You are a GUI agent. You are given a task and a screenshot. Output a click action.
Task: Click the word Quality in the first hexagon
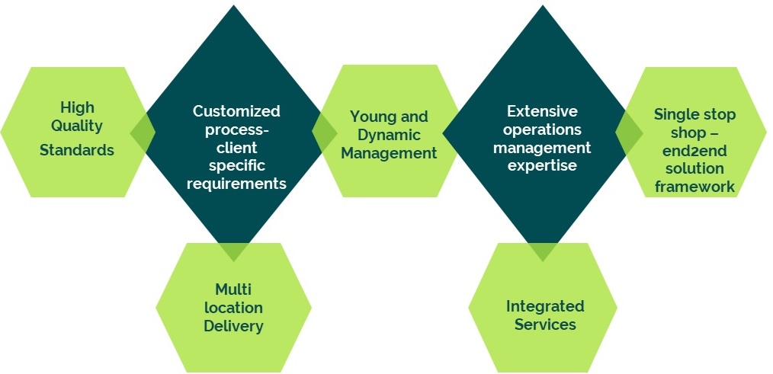tap(77, 126)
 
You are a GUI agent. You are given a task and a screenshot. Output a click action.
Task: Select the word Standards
tap(77, 150)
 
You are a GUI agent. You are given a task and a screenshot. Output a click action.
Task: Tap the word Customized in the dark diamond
tap(236, 111)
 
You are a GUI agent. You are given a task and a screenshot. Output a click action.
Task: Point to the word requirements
tap(236, 184)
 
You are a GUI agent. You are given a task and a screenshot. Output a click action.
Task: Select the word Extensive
tap(542, 111)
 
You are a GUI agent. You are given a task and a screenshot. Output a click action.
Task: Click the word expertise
tap(542, 165)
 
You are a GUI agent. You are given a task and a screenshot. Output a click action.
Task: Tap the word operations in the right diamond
tap(542, 129)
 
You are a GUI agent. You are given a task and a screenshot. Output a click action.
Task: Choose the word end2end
tap(694, 151)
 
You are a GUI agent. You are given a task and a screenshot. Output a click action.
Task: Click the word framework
tap(694, 187)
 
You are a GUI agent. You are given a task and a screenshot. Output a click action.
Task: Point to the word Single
tap(674, 115)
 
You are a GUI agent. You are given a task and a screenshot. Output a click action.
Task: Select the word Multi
tap(233, 289)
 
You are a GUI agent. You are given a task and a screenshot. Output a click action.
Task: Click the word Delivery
tap(233, 326)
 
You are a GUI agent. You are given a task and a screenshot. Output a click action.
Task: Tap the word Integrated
tap(545, 306)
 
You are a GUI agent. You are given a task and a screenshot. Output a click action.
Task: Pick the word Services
tap(545, 324)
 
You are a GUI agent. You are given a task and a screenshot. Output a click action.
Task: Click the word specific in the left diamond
tap(236, 166)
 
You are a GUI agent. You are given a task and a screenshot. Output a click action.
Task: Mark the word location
tap(233, 308)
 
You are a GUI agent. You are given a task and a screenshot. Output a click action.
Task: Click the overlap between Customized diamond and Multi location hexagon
tap(234, 249)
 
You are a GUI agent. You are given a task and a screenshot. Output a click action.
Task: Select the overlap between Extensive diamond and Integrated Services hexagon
tap(542, 249)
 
